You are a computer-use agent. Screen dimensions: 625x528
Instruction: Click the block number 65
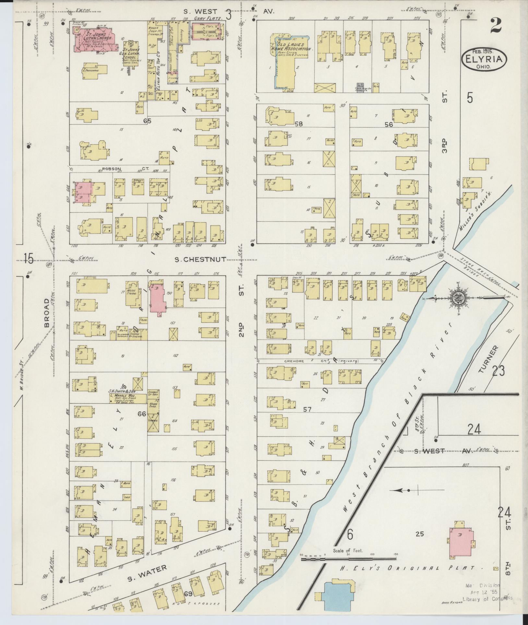coord(147,121)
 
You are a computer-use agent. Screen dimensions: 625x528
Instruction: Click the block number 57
coord(307,409)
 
